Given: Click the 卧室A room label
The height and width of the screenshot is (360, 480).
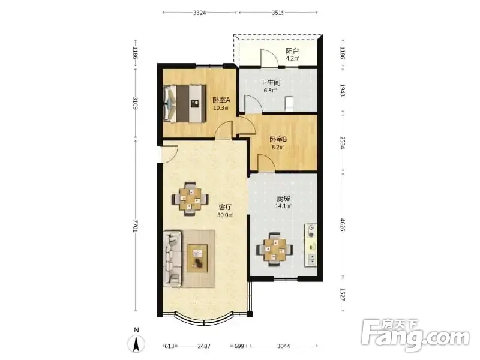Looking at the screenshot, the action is tap(221, 100).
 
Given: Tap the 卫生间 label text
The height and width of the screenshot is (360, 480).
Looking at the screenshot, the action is tap(271, 83).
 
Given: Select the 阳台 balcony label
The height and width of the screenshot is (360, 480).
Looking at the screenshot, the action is tap(292, 51).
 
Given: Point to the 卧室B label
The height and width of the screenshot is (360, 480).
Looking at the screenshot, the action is tap(278, 140).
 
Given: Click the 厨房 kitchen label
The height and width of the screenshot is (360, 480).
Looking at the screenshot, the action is tap(283, 199).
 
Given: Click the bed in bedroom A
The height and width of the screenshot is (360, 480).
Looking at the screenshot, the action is tap(184, 104).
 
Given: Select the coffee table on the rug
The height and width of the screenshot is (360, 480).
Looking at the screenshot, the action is tap(197, 259).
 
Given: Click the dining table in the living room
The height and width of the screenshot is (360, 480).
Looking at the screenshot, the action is tap(190, 199).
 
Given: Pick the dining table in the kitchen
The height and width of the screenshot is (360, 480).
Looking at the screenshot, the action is tap(275, 250).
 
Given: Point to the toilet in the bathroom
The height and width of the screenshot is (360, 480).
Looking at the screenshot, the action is tap(289, 103).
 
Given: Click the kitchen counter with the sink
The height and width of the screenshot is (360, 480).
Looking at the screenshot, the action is tap(311, 245).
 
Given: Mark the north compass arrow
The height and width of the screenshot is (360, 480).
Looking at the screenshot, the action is tap(136, 343).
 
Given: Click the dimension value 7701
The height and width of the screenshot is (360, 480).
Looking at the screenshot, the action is tap(136, 226).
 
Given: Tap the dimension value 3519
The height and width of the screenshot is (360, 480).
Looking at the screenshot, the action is tap(278, 13).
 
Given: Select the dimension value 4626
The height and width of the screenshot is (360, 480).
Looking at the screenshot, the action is tap(343, 224).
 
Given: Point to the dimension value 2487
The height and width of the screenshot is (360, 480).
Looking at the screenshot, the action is tap(204, 346).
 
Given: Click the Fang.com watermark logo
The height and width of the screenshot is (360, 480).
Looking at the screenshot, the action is tap(415, 335).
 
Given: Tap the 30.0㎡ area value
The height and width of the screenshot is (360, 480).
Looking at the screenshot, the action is tap(225, 215).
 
